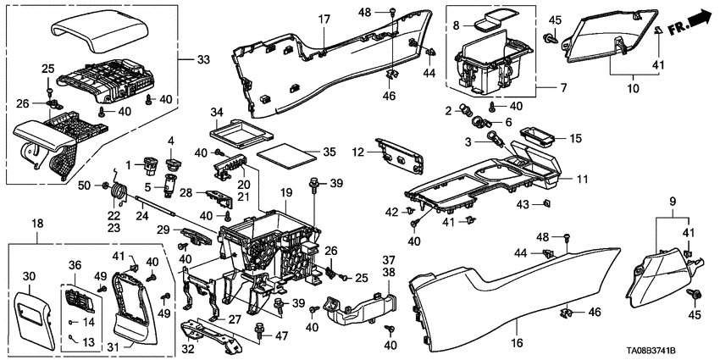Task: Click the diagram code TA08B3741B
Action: pyautogui.click(x=673, y=351)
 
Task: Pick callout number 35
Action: pyautogui.click(x=306, y=153)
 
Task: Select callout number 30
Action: pyautogui.click(x=30, y=276)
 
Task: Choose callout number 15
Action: pyautogui.click(x=574, y=137)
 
